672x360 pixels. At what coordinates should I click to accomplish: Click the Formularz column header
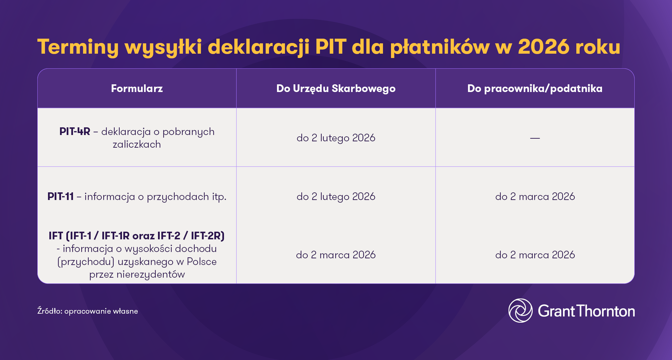coord(137,88)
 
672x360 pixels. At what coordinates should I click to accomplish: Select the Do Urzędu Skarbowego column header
coord(336,88)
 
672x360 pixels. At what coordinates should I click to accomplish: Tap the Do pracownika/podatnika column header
coord(535,88)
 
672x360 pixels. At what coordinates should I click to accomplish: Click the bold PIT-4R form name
coord(75,131)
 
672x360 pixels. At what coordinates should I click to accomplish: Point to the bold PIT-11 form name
coord(60,196)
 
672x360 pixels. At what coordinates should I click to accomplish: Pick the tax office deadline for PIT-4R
coord(336,138)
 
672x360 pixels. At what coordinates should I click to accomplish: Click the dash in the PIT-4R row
coord(535,138)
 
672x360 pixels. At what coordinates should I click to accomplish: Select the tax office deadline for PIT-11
coord(336,196)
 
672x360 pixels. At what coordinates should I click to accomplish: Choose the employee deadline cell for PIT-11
coord(535,196)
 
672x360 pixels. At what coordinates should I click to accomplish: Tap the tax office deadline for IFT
coord(336,255)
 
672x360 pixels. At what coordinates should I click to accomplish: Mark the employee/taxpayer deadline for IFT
coord(535,255)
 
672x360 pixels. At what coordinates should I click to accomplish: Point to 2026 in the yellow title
coord(543,47)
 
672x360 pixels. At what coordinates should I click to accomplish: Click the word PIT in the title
coord(331,47)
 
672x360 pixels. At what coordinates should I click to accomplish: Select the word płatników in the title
coord(440,47)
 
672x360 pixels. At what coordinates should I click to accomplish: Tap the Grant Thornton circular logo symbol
coord(520,310)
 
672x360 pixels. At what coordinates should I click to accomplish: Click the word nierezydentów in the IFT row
coord(150,274)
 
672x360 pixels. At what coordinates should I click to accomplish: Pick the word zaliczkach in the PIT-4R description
coord(137,144)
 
